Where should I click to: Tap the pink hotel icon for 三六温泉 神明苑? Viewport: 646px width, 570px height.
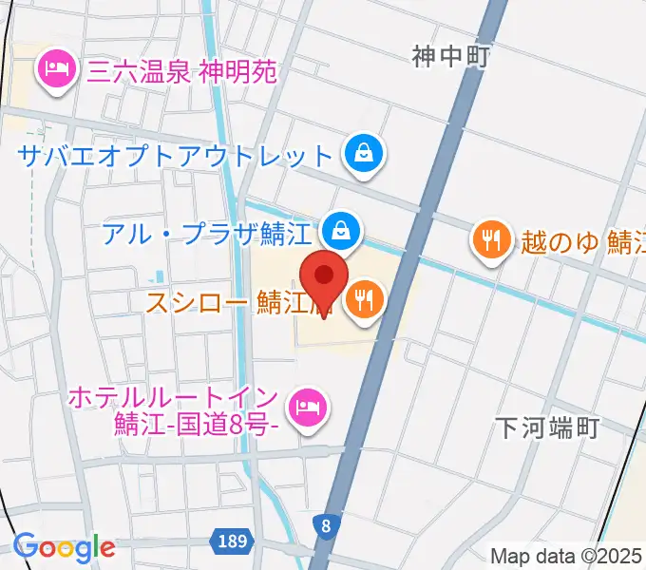pos(56,70)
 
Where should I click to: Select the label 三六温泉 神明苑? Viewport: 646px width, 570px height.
pos(181,71)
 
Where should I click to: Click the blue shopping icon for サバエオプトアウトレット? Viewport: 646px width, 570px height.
pos(364,153)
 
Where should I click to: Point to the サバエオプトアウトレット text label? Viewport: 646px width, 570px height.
pos(177,154)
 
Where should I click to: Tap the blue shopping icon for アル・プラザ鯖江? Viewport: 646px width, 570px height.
pos(337,228)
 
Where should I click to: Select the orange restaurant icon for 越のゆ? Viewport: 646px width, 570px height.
pos(490,239)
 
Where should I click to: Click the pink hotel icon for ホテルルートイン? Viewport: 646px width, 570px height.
pos(305,408)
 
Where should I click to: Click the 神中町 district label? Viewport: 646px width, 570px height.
pos(450,57)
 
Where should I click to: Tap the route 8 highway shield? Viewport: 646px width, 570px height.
pos(327,523)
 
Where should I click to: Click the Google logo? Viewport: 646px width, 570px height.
pos(64,547)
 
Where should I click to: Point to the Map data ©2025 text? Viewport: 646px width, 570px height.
pos(566,556)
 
